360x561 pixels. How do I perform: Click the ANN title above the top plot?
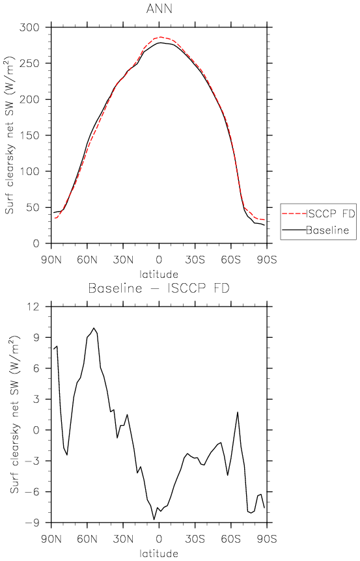click(159, 8)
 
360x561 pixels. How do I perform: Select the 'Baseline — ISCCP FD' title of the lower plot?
click(159, 288)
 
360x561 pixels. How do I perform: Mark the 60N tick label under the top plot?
click(87, 260)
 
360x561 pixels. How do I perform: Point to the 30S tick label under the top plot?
click(195, 260)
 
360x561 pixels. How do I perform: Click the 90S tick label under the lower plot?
click(267, 538)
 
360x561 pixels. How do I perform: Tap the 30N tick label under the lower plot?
click(123, 538)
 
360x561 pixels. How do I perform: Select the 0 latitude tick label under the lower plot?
click(159, 538)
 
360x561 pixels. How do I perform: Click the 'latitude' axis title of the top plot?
click(159, 275)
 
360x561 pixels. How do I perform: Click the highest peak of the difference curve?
click(94, 328)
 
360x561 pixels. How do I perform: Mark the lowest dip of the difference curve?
click(154, 519)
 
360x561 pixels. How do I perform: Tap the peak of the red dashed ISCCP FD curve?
click(160, 37)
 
